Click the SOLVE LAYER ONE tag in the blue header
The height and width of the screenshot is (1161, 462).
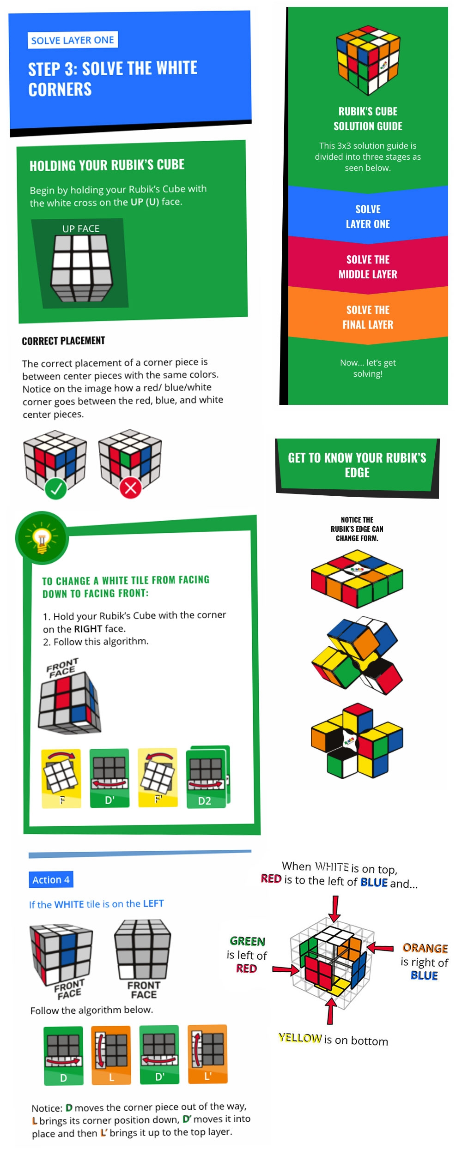pos(73,40)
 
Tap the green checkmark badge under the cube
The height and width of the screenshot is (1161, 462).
pos(56,488)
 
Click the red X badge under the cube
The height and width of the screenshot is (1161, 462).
pos(131,488)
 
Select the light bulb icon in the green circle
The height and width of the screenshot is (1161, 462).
pos(42,538)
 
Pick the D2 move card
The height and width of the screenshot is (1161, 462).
pos(208,777)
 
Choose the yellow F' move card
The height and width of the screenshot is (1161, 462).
pos(158,777)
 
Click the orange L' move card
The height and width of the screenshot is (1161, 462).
pos(208,1054)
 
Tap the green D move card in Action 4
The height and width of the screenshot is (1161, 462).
pos(63,1055)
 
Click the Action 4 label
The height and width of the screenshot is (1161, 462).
pos(51,879)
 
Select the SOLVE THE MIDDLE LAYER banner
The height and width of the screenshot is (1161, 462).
pos(368,267)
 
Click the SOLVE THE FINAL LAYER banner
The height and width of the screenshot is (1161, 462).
pos(368,317)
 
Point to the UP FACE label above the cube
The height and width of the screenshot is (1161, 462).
pos(81,229)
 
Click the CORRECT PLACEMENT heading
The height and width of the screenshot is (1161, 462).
pos(63,341)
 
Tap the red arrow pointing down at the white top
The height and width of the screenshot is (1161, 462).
pos(334,909)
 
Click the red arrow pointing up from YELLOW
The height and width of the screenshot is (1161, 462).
pos(330,1011)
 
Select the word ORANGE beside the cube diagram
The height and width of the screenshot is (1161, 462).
pos(425,948)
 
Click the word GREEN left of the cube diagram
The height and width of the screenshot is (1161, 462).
pos(248,941)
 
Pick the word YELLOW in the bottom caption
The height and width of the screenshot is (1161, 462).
pos(300,1038)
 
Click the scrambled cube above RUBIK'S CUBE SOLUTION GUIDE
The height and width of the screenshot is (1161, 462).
pos(368,60)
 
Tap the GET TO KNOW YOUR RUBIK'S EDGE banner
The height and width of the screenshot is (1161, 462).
pos(357,465)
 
